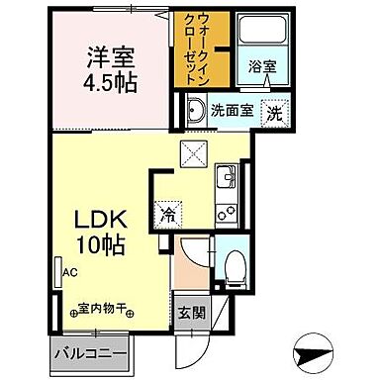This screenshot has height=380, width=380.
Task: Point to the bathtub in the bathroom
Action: tap(259, 37)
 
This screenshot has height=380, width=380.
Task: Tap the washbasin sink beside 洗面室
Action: tap(194, 110)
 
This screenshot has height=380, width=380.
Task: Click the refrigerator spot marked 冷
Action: tap(169, 212)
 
